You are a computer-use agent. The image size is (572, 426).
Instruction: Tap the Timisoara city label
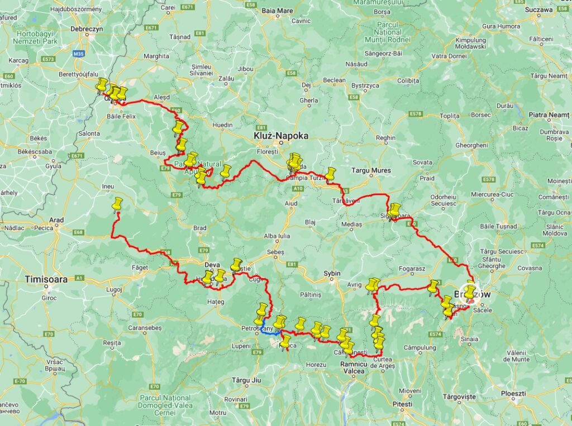tap(46, 279)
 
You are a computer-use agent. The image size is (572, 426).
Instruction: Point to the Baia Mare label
tap(277, 11)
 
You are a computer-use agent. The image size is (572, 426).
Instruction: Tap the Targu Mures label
tap(371, 170)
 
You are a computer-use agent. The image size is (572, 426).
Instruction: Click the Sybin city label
tap(332, 273)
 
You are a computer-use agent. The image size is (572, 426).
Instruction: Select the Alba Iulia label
tap(278, 236)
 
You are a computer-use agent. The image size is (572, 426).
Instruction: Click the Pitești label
tap(402, 404)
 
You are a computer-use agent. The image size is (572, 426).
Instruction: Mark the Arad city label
tap(57, 220)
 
